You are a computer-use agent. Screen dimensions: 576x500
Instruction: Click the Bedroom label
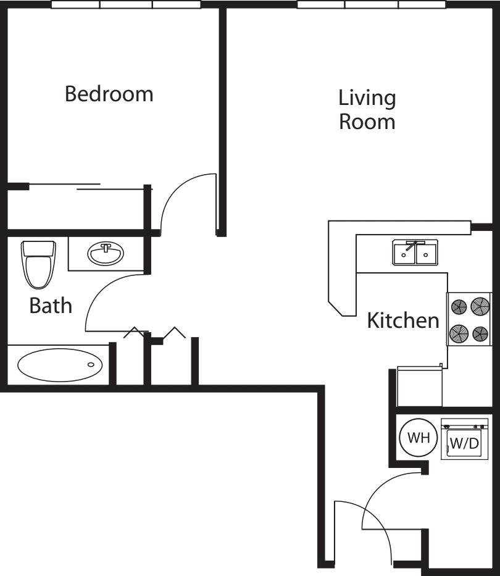(109, 94)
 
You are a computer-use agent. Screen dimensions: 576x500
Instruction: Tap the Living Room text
(367, 109)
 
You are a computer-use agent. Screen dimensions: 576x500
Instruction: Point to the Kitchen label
(403, 320)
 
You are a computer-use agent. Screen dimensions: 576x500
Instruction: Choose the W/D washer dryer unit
(462, 439)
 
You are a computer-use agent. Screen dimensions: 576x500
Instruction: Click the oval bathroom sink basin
(105, 254)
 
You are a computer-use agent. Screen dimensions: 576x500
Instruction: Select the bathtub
(60, 365)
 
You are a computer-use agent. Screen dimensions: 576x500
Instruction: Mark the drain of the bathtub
(91, 365)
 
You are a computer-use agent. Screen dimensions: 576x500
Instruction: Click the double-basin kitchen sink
(415, 253)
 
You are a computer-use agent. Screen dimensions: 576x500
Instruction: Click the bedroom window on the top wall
(126, 4)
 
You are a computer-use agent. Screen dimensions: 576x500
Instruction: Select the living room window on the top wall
(372, 4)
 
